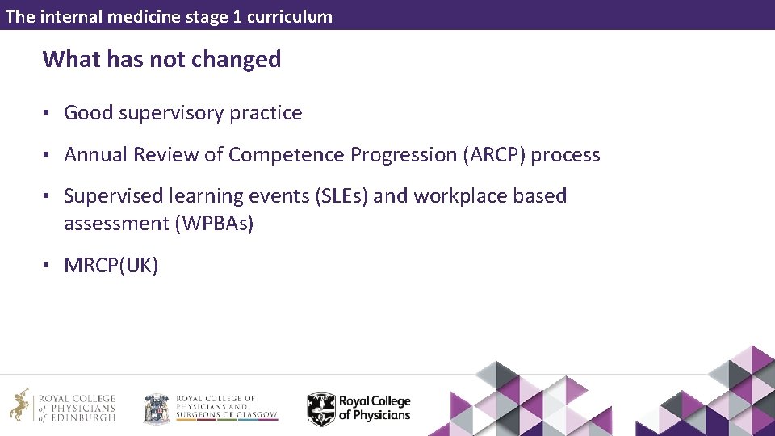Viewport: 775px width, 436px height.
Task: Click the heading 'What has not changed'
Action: tap(161, 59)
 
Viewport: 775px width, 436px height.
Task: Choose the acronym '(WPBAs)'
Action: tap(214, 224)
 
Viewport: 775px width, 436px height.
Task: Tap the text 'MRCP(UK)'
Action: tap(111, 266)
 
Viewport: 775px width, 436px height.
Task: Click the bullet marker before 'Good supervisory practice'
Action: tap(48, 113)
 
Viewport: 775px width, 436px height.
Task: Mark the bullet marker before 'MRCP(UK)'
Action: tap(48, 266)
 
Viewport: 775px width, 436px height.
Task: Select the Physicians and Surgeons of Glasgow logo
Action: tap(210, 408)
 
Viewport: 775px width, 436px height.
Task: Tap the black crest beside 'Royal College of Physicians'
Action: tap(320, 409)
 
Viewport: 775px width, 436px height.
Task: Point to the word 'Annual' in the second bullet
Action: tap(95, 155)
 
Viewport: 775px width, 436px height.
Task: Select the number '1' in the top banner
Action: tap(237, 16)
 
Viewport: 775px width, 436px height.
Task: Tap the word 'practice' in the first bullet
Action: tap(266, 113)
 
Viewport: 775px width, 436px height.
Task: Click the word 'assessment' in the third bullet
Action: tap(116, 224)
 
